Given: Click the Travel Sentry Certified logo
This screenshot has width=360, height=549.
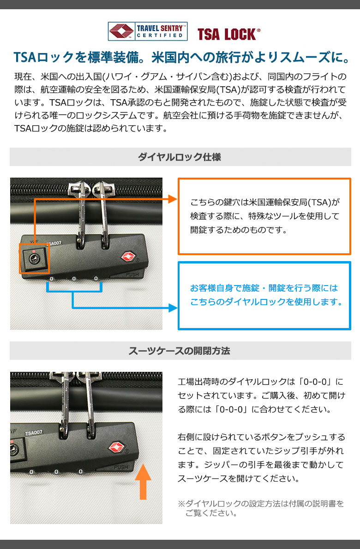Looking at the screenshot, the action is (x=147, y=31).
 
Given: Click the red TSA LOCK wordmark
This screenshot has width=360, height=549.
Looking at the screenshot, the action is (x=228, y=34).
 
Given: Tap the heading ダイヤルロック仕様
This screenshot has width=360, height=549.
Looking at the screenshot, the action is (x=179, y=157).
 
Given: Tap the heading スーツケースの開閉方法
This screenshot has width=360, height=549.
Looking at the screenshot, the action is (x=179, y=351).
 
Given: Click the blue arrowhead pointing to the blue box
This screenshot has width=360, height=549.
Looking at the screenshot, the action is (x=173, y=308).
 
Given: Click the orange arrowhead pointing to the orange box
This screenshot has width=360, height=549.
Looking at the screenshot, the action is (x=173, y=199).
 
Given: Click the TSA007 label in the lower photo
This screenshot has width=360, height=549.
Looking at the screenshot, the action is (x=34, y=433).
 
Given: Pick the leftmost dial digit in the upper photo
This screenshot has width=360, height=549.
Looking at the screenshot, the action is (x=52, y=279).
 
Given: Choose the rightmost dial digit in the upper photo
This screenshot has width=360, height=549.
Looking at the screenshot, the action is (x=96, y=279).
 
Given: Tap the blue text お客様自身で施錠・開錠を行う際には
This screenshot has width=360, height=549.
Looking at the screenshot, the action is (x=264, y=288).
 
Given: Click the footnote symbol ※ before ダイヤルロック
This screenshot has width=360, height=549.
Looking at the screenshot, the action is (x=181, y=503).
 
